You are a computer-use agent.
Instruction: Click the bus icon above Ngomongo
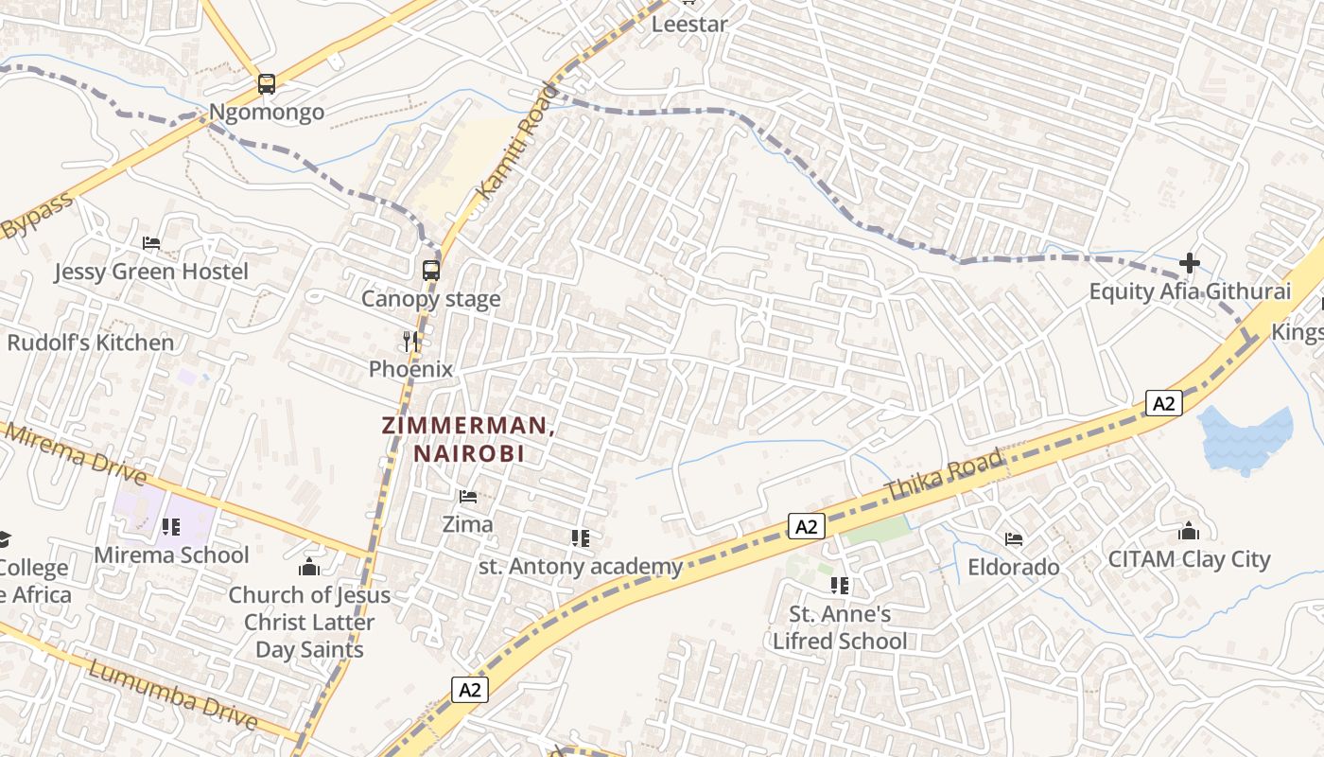[267, 84]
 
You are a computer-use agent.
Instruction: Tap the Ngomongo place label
[266, 113]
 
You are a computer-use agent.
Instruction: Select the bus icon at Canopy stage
[430, 270]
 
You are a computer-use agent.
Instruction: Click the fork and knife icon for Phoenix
[410, 341]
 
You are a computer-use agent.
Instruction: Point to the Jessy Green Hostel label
[151, 273]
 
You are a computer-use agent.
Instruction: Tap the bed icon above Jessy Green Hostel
[150, 243]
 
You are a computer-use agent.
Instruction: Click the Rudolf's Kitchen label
[91, 343]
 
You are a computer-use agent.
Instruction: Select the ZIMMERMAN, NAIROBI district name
[468, 439]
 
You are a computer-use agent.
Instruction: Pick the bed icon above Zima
[467, 496]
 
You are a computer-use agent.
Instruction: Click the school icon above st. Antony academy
[581, 538]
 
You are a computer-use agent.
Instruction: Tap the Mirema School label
[171, 555]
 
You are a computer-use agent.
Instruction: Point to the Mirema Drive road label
[76, 454]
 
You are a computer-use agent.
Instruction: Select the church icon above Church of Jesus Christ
[308, 567]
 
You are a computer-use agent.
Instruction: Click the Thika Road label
[944, 476]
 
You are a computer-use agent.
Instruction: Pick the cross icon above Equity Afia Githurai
[1190, 262]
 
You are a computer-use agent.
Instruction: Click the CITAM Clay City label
[1189, 559]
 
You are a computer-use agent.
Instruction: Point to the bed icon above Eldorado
[1014, 539]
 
